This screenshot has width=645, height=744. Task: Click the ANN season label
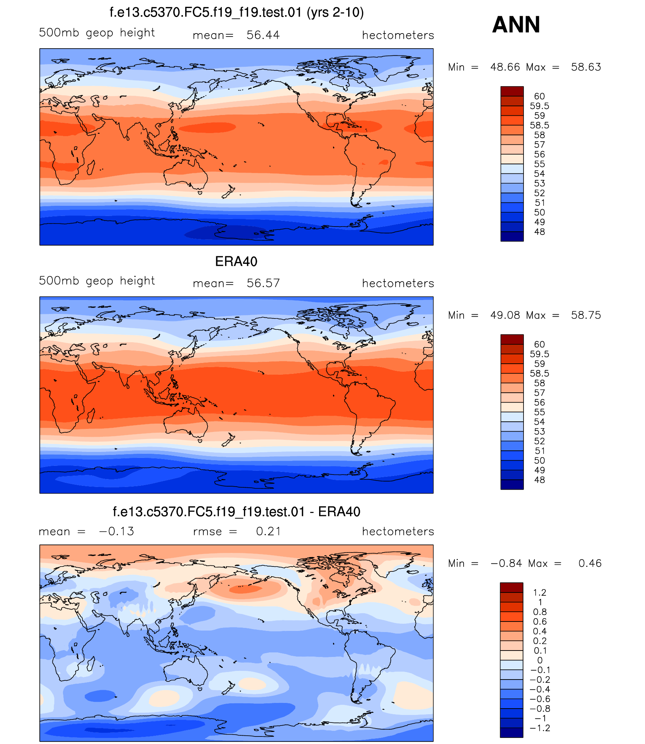[x=516, y=25]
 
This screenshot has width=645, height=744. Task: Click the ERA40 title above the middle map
[x=236, y=262]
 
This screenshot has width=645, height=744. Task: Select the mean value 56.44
[x=263, y=35]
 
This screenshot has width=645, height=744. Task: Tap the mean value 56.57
[x=263, y=283]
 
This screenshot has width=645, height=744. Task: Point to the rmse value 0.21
[x=268, y=531]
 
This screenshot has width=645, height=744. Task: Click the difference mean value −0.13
[x=116, y=531]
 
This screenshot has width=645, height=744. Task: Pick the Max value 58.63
[x=586, y=67]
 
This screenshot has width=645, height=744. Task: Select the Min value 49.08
[x=505, y=315]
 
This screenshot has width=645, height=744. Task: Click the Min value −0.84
[x=506, y=563]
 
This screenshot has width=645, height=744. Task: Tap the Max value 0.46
[x=590, y=563]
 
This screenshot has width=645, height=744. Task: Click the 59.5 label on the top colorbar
[x=539, y=106]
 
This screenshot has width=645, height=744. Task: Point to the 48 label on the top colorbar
[x=539, y=232]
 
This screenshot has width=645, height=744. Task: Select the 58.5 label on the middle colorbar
[x=539, y=374]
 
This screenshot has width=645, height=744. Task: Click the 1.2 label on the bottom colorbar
[x=539, y=592]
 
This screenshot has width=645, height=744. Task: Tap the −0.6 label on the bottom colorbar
[x=540, y=699]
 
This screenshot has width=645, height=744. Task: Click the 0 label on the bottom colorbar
[x=540, y=660]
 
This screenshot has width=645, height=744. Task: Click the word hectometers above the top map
[x=398, y=35]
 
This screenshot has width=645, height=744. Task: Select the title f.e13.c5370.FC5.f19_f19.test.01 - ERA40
[x=236, y=512]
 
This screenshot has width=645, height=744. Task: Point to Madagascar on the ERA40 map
[x=91, y=415]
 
